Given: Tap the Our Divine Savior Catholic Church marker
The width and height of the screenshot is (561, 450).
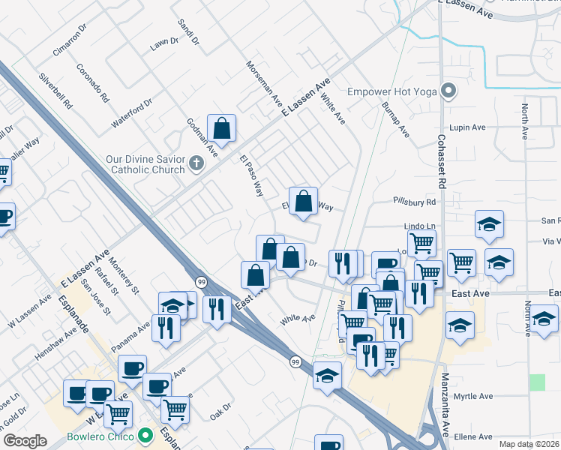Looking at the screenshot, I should [x=196, y=163].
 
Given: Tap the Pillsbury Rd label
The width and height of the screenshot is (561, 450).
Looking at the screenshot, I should [x=414, y=202].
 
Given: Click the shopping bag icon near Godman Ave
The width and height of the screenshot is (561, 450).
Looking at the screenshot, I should [x=222, y=129].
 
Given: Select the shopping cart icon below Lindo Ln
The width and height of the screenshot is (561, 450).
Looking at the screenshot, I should [x=421, y=243].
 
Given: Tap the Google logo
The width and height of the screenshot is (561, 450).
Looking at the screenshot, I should [x=25, y=441].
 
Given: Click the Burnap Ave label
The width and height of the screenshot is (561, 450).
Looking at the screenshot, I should [x=395, y=119].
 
